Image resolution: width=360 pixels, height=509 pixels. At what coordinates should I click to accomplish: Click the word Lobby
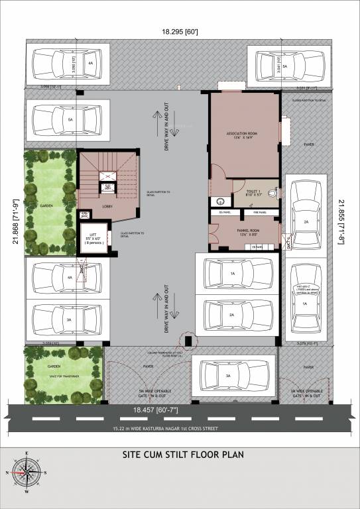(x=106, y=206)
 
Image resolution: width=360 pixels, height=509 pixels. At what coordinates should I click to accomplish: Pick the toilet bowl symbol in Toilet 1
(x=272, y=194)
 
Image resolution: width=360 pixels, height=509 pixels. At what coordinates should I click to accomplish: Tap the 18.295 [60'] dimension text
(x=180, y=31)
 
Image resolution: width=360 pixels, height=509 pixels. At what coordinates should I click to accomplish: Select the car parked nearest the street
(x=229, y=376)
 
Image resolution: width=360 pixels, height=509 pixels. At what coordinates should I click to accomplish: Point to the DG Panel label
(x=223, y=213)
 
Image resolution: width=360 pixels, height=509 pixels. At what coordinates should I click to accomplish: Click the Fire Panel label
(x=259, y=213)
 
